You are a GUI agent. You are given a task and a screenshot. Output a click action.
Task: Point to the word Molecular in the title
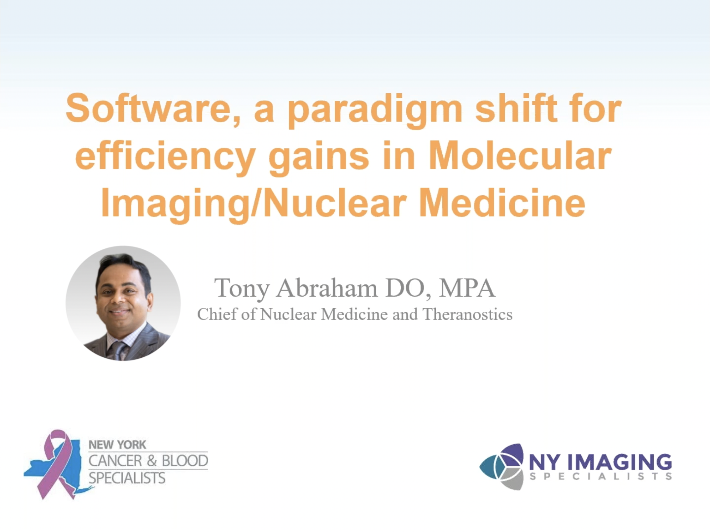point(520,155)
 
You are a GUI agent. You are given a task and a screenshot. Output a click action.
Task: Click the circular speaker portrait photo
point(123,304)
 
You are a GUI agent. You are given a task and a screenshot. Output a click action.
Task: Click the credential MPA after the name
point(467,288)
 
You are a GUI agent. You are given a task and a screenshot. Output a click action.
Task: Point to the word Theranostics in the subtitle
point(467,314)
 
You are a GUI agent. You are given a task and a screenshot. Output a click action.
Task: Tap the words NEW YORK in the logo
point(117,445)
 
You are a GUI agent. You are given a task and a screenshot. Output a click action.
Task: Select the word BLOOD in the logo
point(185,461)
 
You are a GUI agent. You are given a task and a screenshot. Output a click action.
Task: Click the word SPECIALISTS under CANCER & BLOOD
point(127,478)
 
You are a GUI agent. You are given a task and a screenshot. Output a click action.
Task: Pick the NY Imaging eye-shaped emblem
point(502,467)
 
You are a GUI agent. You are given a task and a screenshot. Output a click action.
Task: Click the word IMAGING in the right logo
point(620,463)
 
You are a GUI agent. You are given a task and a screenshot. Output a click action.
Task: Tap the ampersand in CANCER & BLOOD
point(152,461)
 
